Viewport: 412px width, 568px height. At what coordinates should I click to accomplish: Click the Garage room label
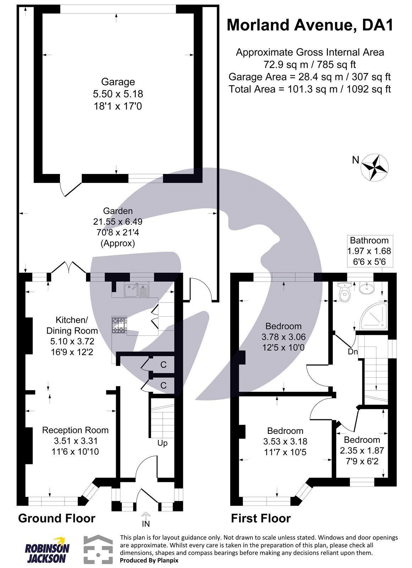point(118,82)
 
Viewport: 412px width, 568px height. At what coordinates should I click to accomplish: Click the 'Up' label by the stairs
point(162,443)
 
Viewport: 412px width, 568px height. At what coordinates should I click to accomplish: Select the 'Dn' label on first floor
point(353,352)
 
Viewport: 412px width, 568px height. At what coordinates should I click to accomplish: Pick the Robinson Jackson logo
point(47,550)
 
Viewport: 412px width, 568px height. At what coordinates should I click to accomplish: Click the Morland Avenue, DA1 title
point(310,25)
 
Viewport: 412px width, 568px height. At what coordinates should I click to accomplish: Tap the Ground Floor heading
point(56,518)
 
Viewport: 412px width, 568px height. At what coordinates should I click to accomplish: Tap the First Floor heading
point(261,518)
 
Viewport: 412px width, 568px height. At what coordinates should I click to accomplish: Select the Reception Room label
point(75,430)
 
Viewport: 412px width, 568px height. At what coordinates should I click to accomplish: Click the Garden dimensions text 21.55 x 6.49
point(118,222)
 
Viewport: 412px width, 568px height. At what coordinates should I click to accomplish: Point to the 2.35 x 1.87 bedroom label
point(362,450)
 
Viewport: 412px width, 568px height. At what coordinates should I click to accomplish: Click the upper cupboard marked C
point(163,365)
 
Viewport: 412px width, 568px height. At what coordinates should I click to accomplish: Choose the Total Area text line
point(310,89)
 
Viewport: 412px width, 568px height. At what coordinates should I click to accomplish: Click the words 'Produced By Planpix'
point(149,560)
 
